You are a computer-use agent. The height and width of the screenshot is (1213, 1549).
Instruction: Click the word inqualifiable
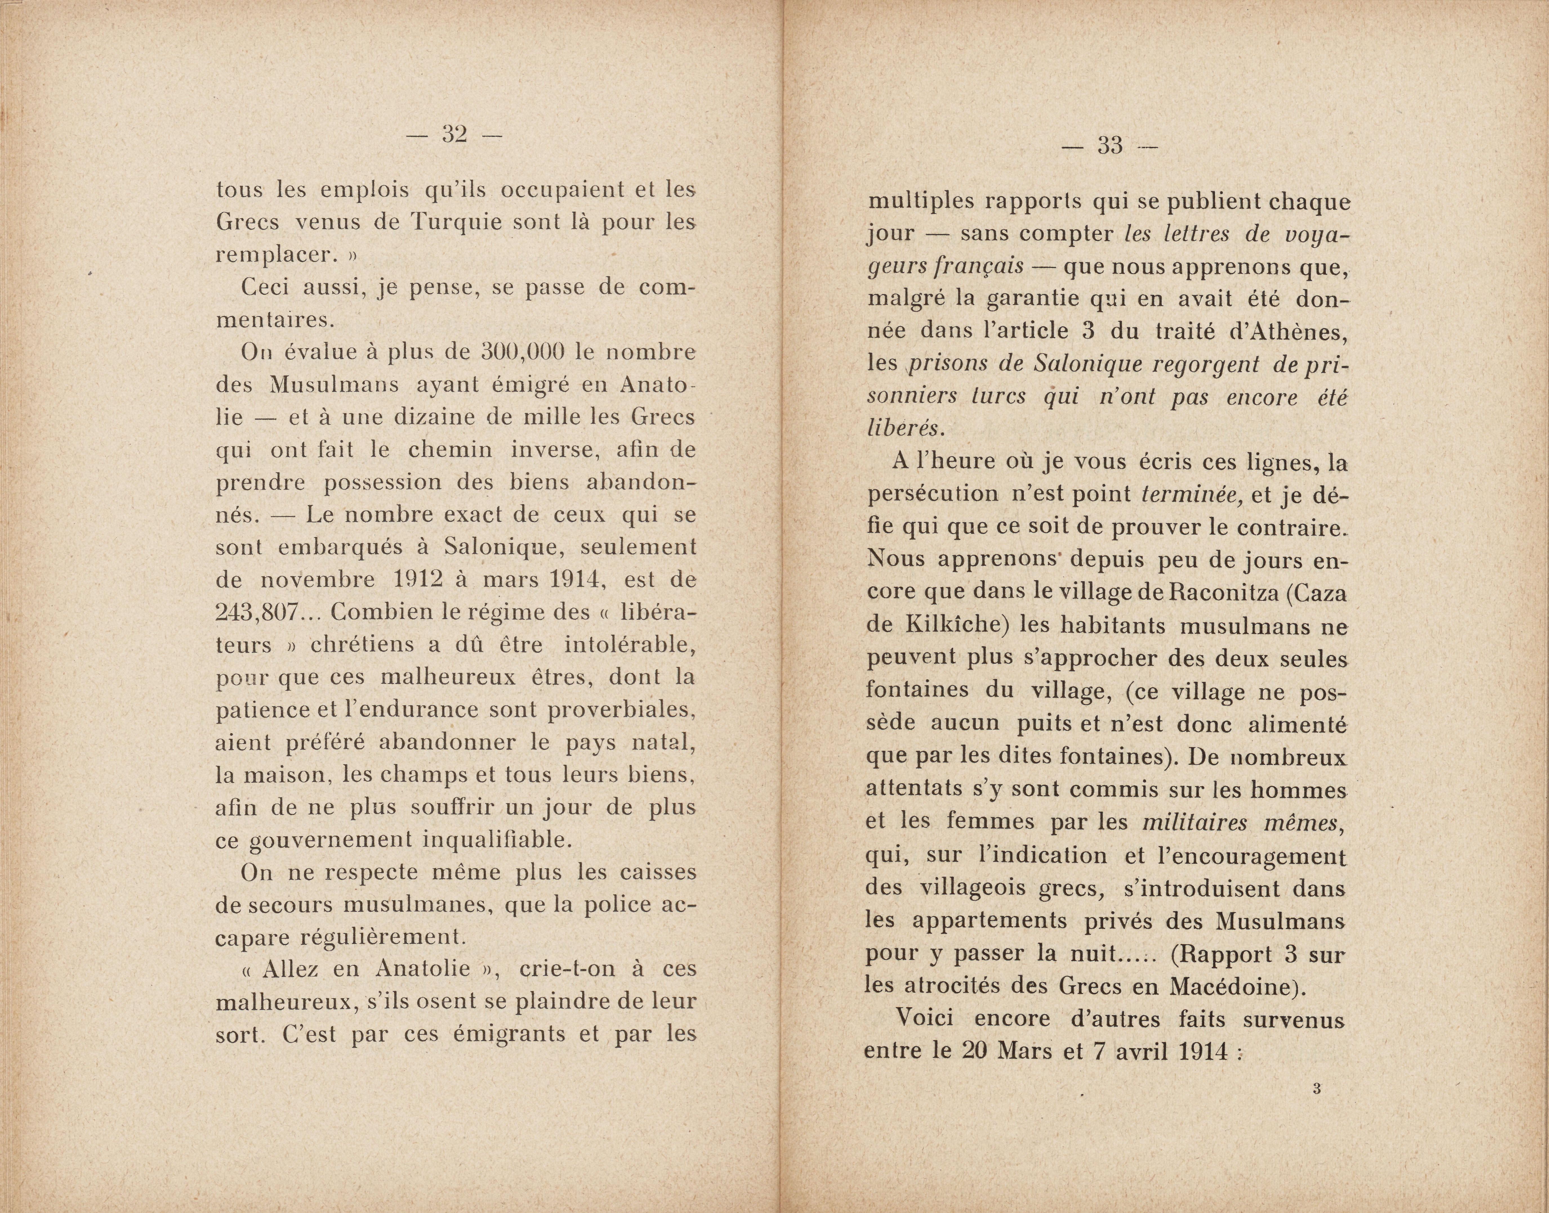pos(497,840)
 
